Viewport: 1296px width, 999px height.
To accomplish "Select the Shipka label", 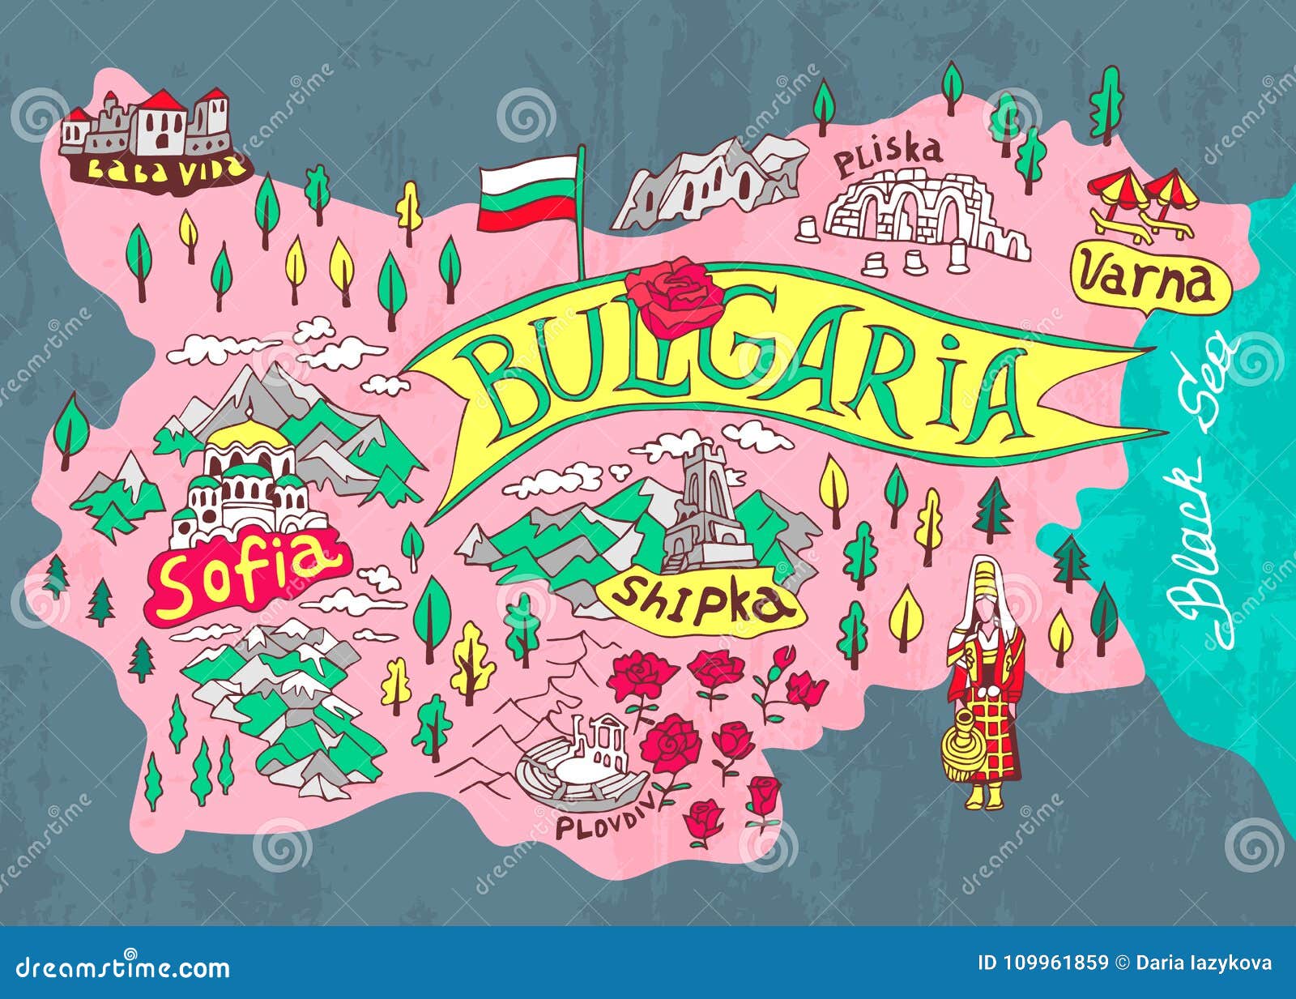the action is [x=701, y=600].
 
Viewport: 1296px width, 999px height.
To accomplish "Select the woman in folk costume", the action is [x=987, y=681].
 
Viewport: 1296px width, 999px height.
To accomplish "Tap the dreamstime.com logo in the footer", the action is [x=117, y=967].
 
